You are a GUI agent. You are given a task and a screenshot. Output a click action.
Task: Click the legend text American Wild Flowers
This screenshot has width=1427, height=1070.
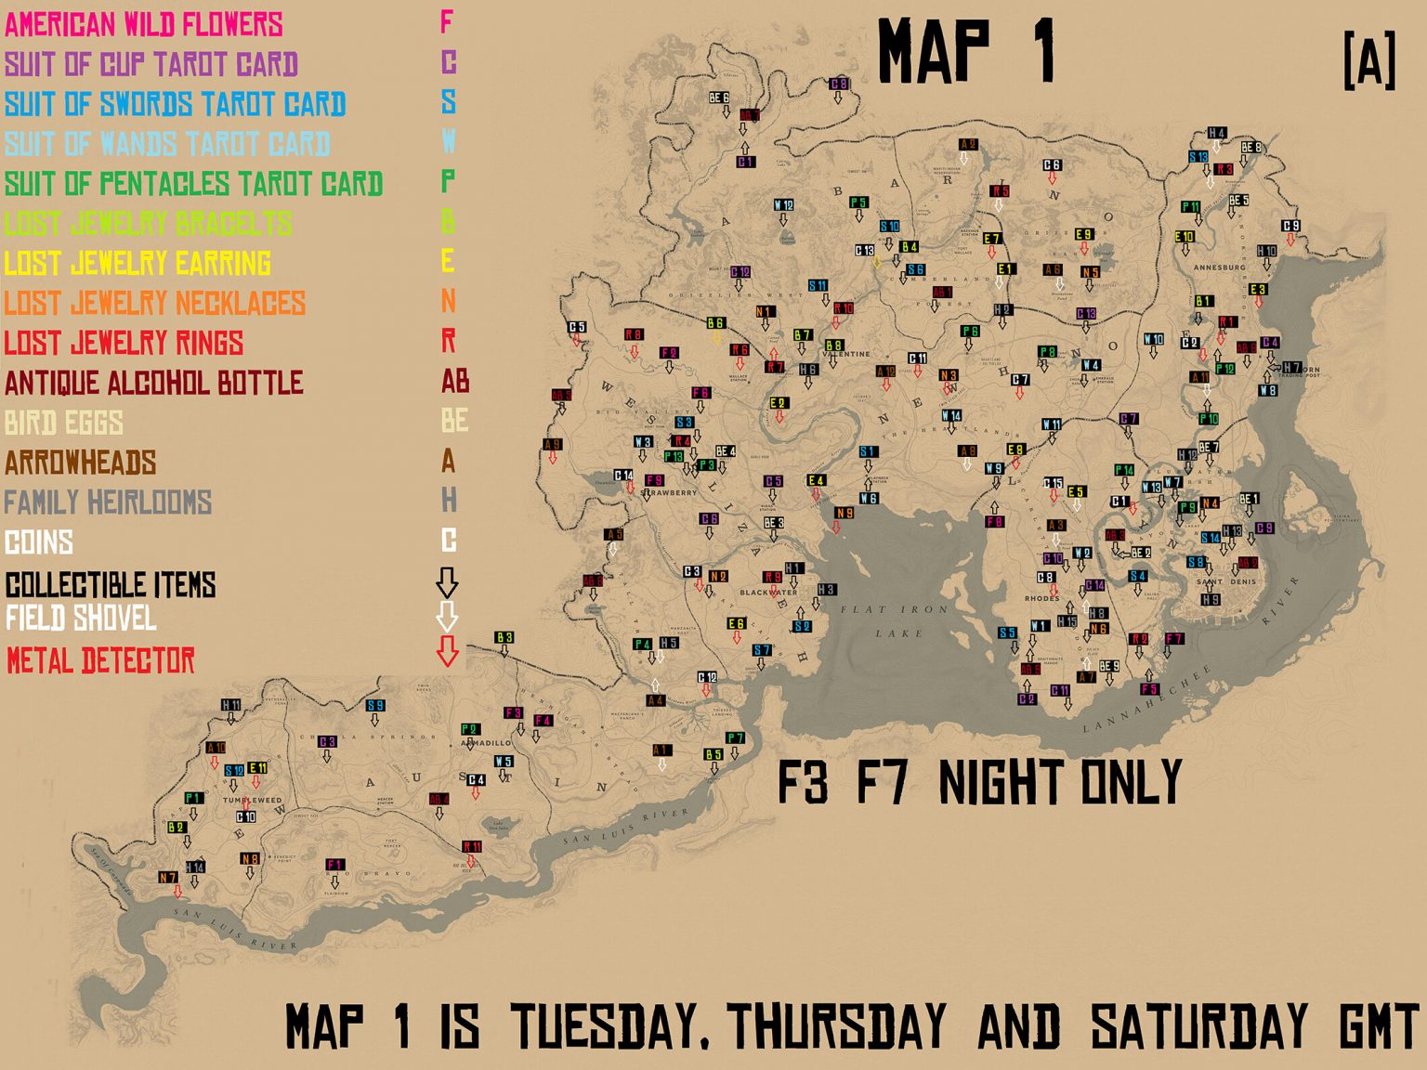pos(143,24)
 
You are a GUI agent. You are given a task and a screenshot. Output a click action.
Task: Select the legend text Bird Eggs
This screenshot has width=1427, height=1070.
pos(63,423)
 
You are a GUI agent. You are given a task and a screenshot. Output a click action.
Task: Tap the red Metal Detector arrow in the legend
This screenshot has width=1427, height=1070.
pos(447,651)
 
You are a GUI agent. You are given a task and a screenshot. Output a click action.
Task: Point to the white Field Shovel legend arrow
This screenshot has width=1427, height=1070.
pos(447,616)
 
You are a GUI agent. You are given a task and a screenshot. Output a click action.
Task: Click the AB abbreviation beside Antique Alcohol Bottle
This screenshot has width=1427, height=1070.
pos(454,381)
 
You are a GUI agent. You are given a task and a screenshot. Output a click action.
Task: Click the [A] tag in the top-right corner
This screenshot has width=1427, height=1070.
pos(1369,61)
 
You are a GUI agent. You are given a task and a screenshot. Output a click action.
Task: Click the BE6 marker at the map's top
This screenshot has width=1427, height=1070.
pos(718,98)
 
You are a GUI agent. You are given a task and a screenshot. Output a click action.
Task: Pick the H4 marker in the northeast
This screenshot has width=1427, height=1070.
pos(1216,134)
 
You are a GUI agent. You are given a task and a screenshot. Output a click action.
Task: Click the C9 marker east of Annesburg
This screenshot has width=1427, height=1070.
pos(1290,226)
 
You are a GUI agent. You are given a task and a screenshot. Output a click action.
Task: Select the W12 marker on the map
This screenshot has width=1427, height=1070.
pos(783,205)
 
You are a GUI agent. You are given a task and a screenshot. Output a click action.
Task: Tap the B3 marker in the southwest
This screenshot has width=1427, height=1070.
pos(504,638)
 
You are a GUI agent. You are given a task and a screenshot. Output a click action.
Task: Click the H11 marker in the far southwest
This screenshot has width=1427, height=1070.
pos(230,706)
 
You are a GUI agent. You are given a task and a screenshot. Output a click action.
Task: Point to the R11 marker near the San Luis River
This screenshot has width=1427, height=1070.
pos(472,847)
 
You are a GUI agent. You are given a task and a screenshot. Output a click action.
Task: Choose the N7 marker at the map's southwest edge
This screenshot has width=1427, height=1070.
pos(167,877)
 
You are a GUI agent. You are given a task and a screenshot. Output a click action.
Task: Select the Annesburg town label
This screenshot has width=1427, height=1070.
pos(1218,267)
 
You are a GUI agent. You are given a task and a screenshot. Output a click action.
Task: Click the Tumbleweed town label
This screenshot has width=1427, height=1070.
pos(251,800)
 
